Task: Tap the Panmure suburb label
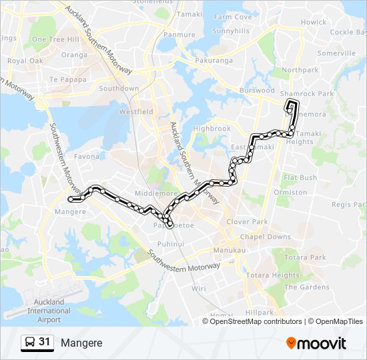(x=179, y=34)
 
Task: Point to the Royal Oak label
(x=25, y=61)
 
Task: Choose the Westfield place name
(x=136, y=112)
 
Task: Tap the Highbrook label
(x=212, y=129)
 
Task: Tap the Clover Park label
(x=246, y=222)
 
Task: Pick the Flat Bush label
(x=300, y=178)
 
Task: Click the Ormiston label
(x=295, y=193)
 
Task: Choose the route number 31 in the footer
(x=44, y=342)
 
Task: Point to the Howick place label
(x=313, y=22)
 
